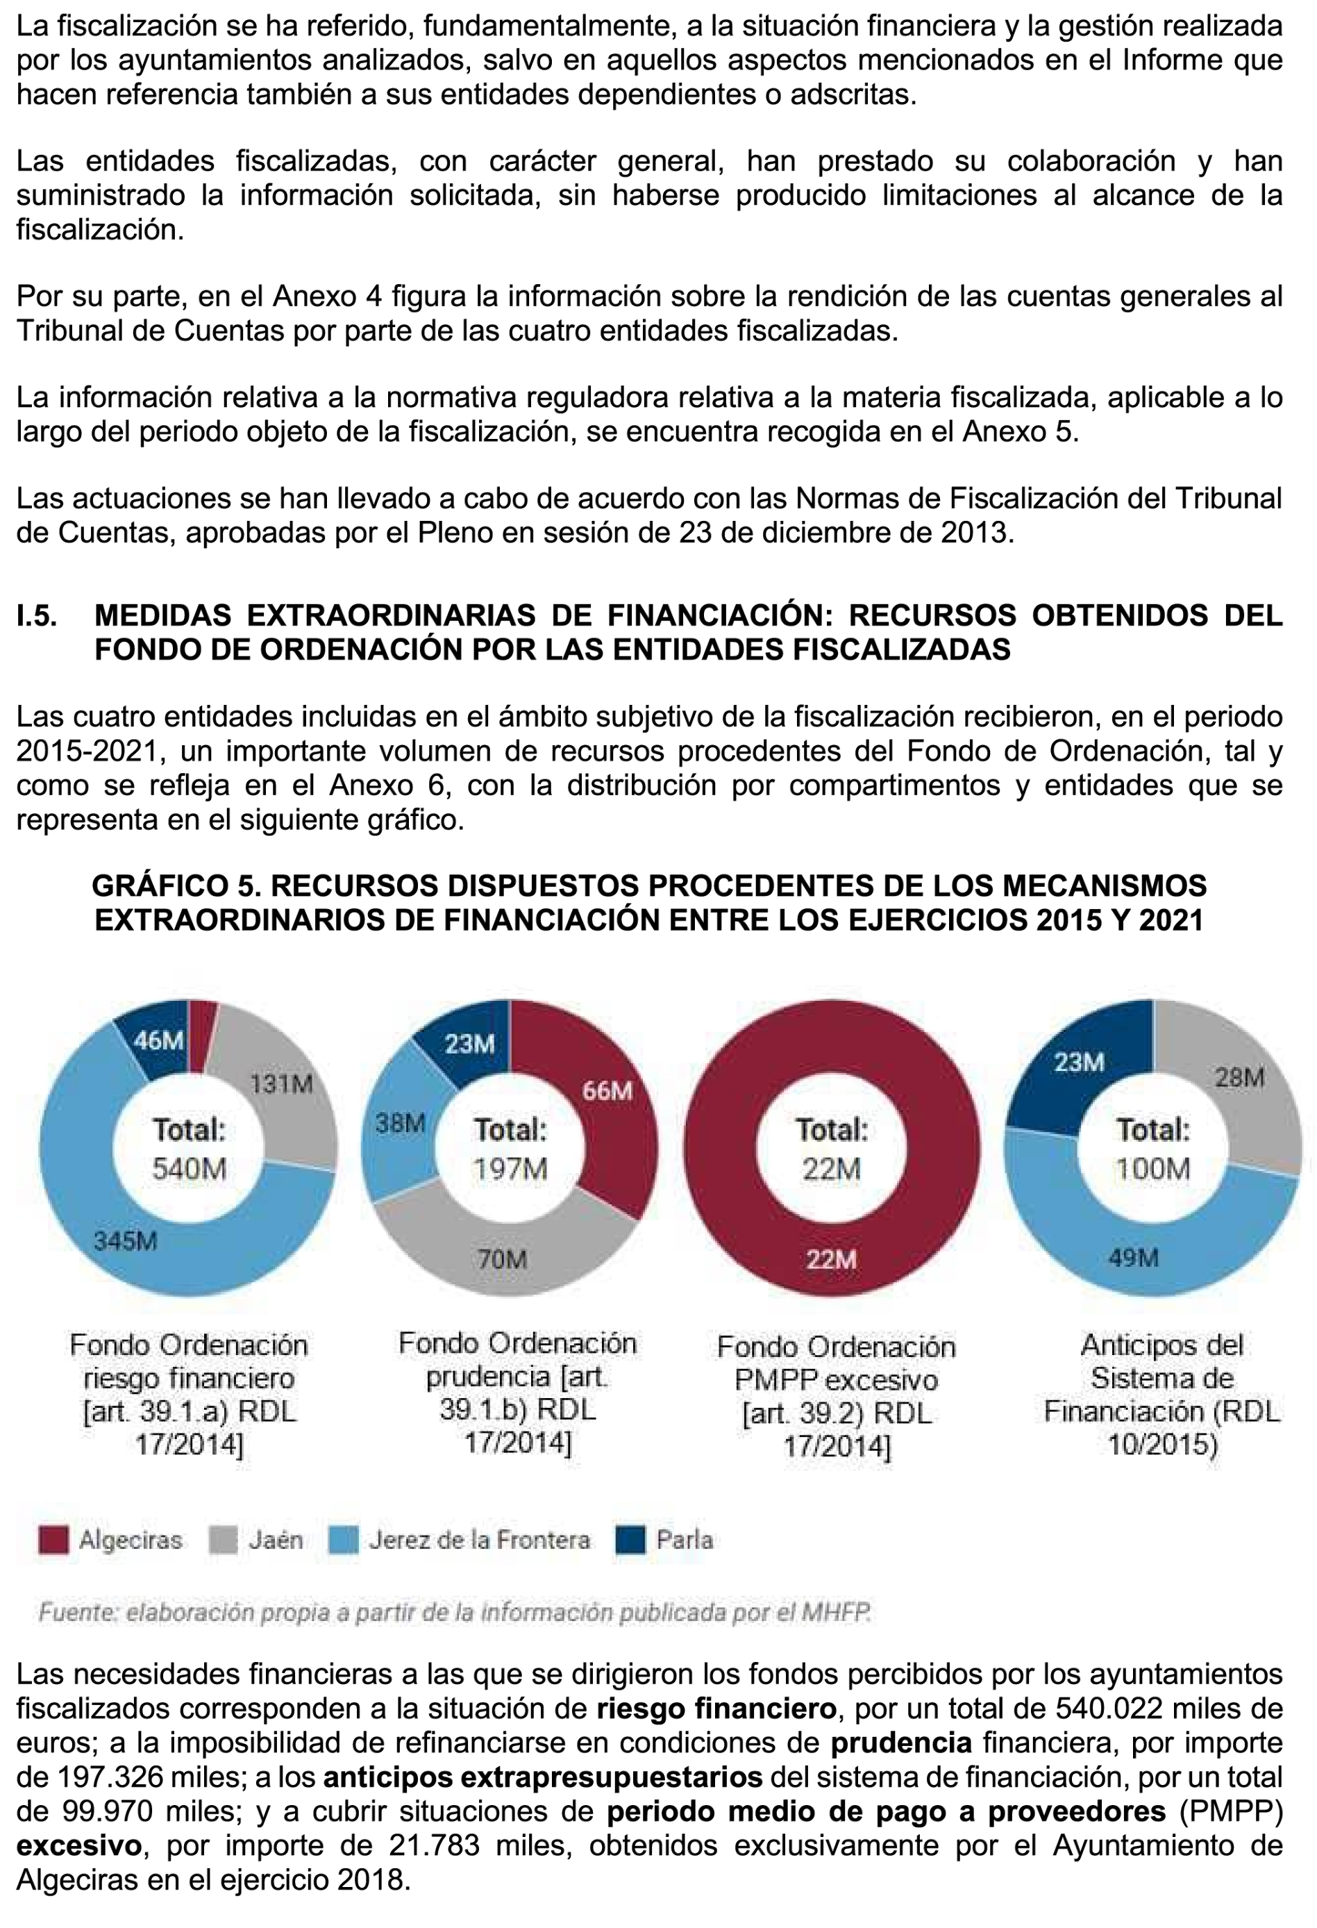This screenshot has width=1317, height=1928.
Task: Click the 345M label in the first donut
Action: (x=125, y=1241)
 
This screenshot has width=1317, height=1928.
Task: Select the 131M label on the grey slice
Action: (x=282, y=1083)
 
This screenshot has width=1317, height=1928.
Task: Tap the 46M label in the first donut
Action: (x=159, y=1040)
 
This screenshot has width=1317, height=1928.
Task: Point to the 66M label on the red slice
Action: (x=607, y=1090)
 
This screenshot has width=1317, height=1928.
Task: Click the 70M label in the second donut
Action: (x=502, y=1259)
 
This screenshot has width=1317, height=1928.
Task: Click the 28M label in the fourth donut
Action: (x=1239, y=1078)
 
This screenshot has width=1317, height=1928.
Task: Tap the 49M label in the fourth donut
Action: (x=1133, y=1258)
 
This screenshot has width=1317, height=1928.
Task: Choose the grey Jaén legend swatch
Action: (x=223, y=1540)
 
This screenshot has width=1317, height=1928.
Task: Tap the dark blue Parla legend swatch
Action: (x=630, y=1540)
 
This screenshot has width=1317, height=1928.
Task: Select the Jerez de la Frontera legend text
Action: (x=479, y=1540)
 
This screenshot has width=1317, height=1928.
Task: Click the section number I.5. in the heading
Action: (x=37, y=615)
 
